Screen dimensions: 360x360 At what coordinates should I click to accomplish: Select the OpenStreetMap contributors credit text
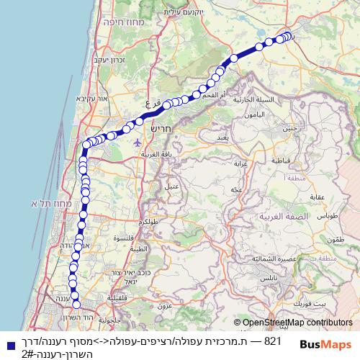(297, 323)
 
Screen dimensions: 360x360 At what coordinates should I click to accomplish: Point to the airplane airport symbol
(138, 142)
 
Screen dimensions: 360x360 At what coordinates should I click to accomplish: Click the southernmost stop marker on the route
(76, 304)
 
